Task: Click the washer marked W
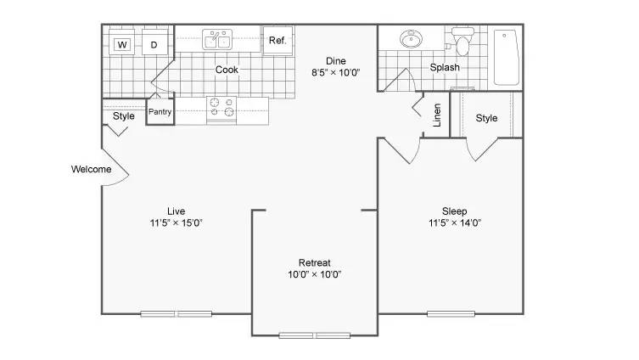[121, 42]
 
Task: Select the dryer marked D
[154, 42]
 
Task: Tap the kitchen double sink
[217, 40]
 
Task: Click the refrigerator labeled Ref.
[277, 41]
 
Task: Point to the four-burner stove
[221, 110]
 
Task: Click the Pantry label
[160, 111]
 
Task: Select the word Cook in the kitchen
[227, 70]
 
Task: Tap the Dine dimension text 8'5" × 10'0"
[336, 72]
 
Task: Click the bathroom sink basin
[411, 40]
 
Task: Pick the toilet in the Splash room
[462, 41]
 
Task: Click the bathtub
[506, 57]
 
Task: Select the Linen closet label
[437, 115]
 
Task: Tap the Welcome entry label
[92, 169]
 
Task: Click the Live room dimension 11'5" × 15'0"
[176, 223]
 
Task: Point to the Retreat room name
[315, 262]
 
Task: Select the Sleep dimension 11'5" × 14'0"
[455, 223]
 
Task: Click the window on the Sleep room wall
[451, 314]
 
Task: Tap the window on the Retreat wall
[315, 335]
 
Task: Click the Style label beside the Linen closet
[486, 118]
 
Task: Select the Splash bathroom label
[445, 67]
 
